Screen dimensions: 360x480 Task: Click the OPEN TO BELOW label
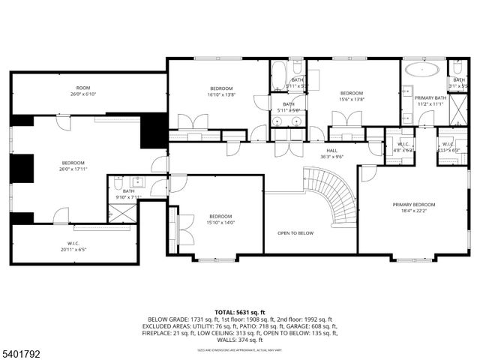point(295,232)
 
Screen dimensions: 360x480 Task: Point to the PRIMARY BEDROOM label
point(413,204)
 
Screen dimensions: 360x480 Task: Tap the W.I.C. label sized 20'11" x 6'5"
point(73,244)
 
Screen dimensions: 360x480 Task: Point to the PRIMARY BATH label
point(430,97)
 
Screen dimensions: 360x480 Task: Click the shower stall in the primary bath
point(457,112)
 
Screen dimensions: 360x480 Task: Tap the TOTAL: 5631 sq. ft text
point(240,311)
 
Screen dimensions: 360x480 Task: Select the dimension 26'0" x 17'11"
point(73,169)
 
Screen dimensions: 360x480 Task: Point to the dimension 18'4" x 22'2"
point(413,211)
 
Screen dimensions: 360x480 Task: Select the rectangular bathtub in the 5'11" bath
point(277,76)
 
